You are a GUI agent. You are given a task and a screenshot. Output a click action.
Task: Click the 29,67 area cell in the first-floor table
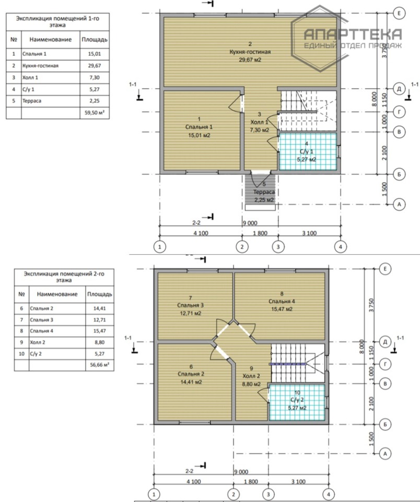coord(95,66)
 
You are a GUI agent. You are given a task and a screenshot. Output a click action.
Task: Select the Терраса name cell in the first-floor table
coord(51,101)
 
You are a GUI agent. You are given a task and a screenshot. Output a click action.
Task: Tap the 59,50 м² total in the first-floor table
coord(95,113)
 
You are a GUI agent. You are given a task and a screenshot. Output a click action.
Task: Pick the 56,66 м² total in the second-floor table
coord(99,364)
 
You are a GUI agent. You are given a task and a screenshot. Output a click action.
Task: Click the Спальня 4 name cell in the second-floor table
coord(57,330)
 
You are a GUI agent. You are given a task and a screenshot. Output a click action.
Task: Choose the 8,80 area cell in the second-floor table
coord(99,342)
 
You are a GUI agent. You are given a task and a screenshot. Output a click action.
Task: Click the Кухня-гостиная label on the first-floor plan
coord(250,52)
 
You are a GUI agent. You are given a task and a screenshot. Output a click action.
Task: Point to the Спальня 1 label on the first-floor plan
coord(199,127)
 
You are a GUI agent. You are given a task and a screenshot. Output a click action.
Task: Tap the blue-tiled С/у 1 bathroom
coord(308,151)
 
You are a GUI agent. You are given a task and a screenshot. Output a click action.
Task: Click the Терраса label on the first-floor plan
coord(264,192)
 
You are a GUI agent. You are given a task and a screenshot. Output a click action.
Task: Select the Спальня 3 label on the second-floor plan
coord(190,305)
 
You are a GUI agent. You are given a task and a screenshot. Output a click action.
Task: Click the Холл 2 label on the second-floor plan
coord(251,376)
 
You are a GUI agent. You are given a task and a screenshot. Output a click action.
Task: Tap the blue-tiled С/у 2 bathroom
coord(297,403)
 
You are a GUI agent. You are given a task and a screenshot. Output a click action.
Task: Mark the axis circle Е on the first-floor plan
coord(399,13)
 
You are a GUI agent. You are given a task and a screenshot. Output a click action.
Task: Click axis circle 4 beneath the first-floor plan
coord(341,247)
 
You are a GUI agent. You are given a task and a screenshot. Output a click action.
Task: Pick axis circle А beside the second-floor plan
coord(385,453)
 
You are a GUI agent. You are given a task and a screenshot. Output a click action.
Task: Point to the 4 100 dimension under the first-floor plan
coord(201,233)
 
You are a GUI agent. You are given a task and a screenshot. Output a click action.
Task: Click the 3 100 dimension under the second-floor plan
coord(298,482)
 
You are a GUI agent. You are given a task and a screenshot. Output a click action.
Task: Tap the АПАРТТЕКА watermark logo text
coord(353,34)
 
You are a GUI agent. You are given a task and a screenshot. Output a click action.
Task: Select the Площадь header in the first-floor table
coord(95,40)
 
